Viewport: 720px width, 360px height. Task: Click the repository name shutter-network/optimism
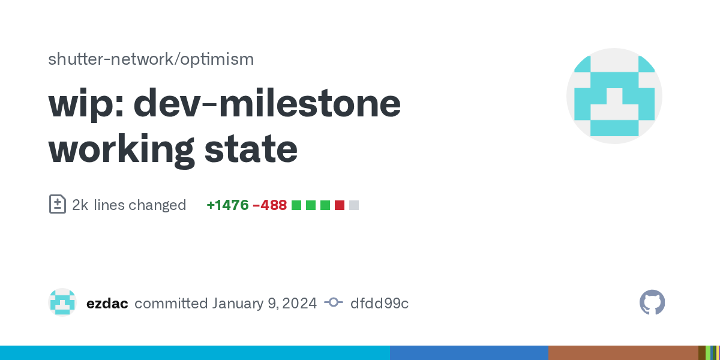click(151, 59)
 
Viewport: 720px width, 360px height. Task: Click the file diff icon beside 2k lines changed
click(58, 204)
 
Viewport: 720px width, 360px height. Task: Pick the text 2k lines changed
click(129, 205)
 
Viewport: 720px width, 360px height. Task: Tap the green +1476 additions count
click(227, 205)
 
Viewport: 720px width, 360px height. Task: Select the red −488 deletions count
click(269, 205)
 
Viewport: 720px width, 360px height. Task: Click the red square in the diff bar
click(340, 205)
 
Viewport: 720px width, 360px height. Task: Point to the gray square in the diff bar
click(354, 205)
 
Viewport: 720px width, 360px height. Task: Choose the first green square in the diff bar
click(296, 205)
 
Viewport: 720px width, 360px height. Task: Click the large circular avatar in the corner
click(614, 96)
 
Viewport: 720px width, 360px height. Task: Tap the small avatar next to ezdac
click(62, 302)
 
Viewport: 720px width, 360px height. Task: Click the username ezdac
click(107, 304)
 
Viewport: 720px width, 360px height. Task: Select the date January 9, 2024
click(264, 304)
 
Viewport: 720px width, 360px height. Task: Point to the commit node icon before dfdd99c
click(334, 302)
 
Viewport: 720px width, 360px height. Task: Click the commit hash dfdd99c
click(379, 304)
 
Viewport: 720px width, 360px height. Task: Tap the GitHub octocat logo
click(652, 302)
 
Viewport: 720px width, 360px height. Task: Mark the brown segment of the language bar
click(623, 353)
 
